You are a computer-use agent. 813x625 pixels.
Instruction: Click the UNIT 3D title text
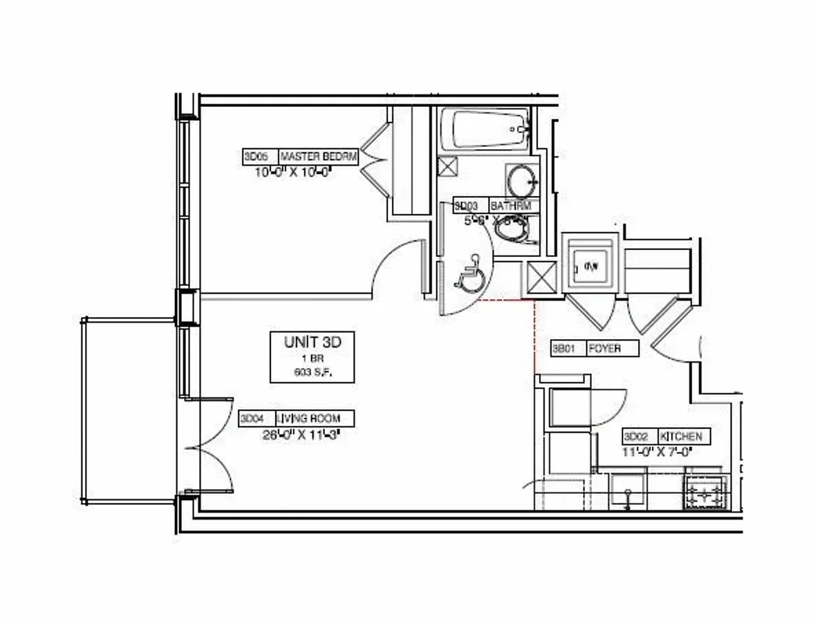pos(312,341)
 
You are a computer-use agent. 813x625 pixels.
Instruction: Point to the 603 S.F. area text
pos(312,373)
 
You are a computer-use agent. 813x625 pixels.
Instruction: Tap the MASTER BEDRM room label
pos(318,157)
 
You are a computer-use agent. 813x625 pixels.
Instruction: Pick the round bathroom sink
pos(520,181)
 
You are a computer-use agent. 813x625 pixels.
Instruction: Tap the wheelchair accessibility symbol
pos(470,276)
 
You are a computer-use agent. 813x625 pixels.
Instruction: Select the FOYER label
pos(606,348)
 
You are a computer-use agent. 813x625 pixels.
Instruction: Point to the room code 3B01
pos(564,348)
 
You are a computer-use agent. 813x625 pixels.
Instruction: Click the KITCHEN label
pos(681,437)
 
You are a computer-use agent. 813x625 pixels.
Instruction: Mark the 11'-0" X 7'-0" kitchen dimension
pos(656,452)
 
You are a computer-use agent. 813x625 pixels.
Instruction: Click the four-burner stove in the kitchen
pos(705,493)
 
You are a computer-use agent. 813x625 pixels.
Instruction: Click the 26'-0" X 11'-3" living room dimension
pos(301,434)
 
